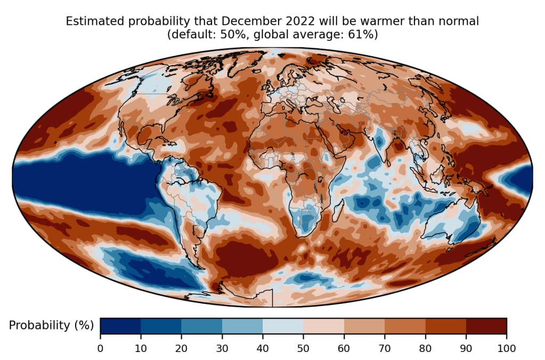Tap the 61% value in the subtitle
[365, 35]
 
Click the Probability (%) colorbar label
[51, 325]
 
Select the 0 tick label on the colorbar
[100, 348]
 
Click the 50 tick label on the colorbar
[303, 348]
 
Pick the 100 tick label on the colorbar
[506, 348]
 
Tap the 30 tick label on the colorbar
[222, 348]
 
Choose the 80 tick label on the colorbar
[425, 348]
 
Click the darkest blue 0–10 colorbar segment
[120, 325]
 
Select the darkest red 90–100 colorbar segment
[486, 325]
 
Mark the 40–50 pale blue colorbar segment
[283, 325]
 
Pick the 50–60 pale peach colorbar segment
[323, 325]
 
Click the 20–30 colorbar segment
[201, 325]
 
